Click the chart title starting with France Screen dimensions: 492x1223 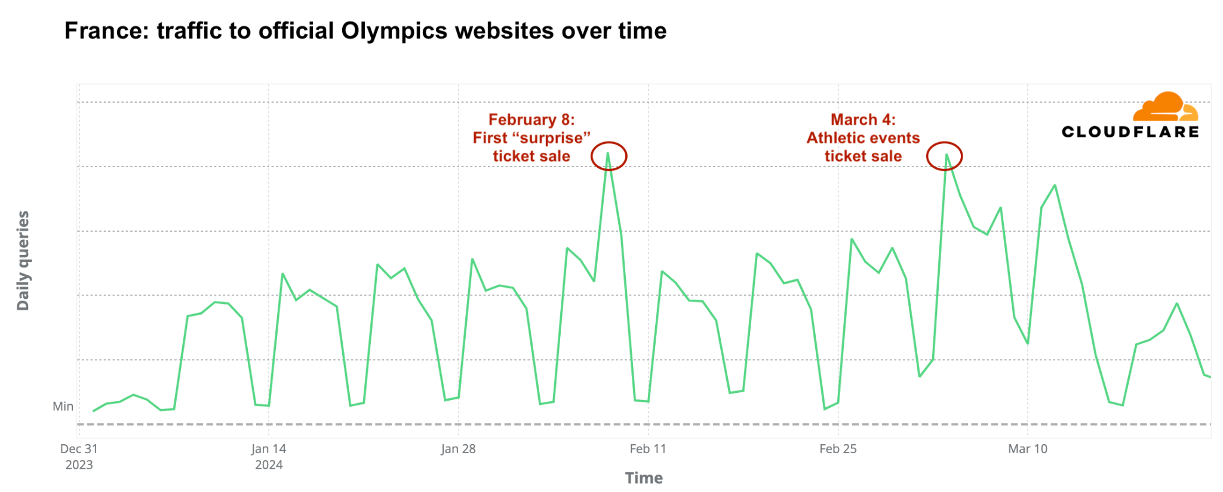[365, 31]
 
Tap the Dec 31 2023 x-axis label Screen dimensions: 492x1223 [79, 456]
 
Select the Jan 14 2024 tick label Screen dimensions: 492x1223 [269, 456]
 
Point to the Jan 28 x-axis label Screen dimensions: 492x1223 [458, 449]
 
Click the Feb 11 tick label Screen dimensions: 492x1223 [648, 449]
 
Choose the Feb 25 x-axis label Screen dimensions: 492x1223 [838, 449]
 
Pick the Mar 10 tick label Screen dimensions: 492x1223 [1027, 449]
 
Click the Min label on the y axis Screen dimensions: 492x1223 [63, 407]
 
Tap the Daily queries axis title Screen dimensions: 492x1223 [23, 260]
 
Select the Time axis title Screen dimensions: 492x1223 [644, 478]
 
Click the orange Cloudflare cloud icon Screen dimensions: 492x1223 [1165, 107]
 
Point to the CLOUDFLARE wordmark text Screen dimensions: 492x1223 [1130, 132]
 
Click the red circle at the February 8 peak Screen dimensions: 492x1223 [609, 156]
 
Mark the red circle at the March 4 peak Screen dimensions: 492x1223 [944, 156]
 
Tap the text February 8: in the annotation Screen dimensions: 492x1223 [531, 120]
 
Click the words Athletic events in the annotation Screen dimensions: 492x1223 [863, 138]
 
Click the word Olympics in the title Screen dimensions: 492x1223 [394, 31]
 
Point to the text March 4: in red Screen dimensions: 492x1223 [863, 120]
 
